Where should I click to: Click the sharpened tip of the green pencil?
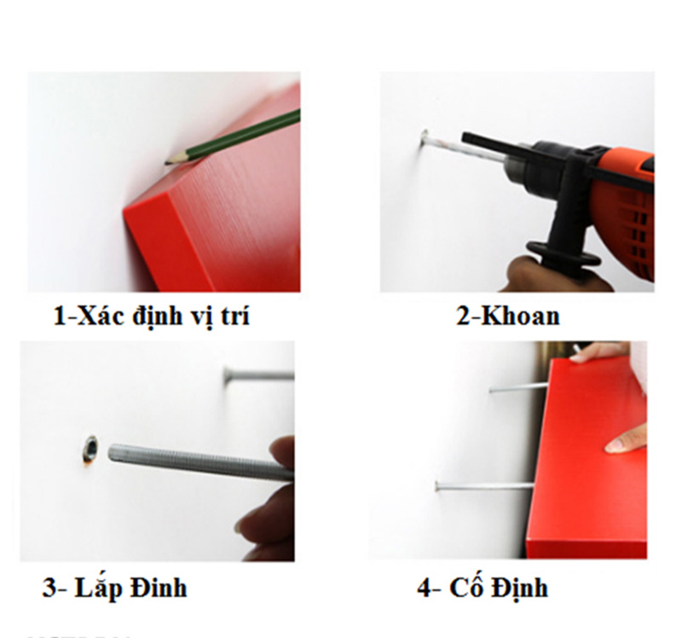[165, 163]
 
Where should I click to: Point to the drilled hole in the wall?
[90, 449]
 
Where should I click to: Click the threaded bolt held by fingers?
[200, 461]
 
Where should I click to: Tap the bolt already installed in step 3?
[259, 374]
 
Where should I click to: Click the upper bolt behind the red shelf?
[517, 387]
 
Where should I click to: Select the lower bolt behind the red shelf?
[484, 485]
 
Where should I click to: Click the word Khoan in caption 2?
[521, 316]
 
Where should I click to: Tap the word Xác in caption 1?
[101, 315]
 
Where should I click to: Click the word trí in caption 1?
[235, 315]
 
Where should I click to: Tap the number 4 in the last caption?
[425, 588]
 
